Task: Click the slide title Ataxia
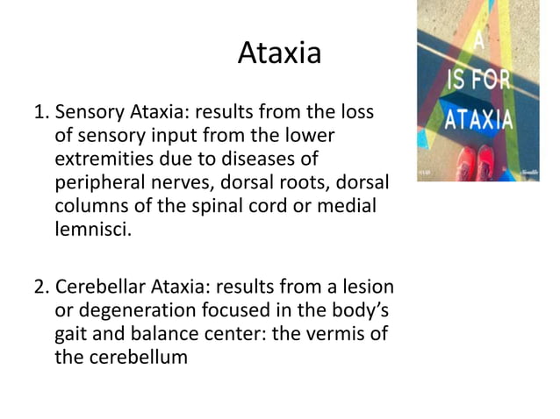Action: [x=279, y=54]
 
